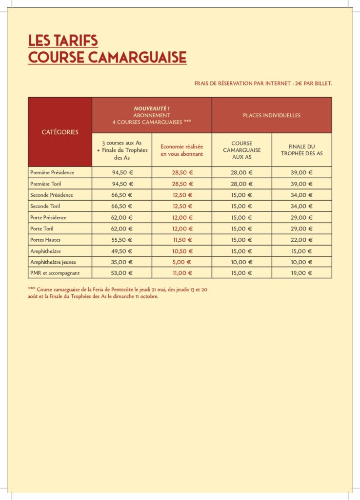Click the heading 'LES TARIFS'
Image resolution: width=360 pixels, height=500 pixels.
(63, 40)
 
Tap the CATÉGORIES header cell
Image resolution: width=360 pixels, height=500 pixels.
(60, 132)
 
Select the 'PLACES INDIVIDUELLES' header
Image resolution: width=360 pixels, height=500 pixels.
(272, 116)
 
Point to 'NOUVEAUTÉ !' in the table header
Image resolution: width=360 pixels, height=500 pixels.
(151, 108)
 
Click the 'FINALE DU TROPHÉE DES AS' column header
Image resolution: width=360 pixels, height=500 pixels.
(301, 150)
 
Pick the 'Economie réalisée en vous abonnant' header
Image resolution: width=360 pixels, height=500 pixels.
(182, 150)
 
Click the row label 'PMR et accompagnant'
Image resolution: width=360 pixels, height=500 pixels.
(55, 273)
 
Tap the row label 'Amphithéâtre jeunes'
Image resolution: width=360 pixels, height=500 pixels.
(53, 262)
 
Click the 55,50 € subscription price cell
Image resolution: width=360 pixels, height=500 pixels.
(122, 240)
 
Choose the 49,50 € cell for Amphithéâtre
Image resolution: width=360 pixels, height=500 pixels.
(122, 251)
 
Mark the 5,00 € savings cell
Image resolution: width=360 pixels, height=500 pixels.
(182, 262)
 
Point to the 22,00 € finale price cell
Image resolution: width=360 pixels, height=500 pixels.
(301, 240)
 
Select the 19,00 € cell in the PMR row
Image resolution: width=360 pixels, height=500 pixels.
(301, 273)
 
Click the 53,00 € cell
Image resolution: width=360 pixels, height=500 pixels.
(122, 273)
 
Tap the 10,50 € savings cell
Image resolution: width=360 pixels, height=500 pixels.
(182, 251)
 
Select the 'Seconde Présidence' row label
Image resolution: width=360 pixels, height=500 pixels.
(52, 195)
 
